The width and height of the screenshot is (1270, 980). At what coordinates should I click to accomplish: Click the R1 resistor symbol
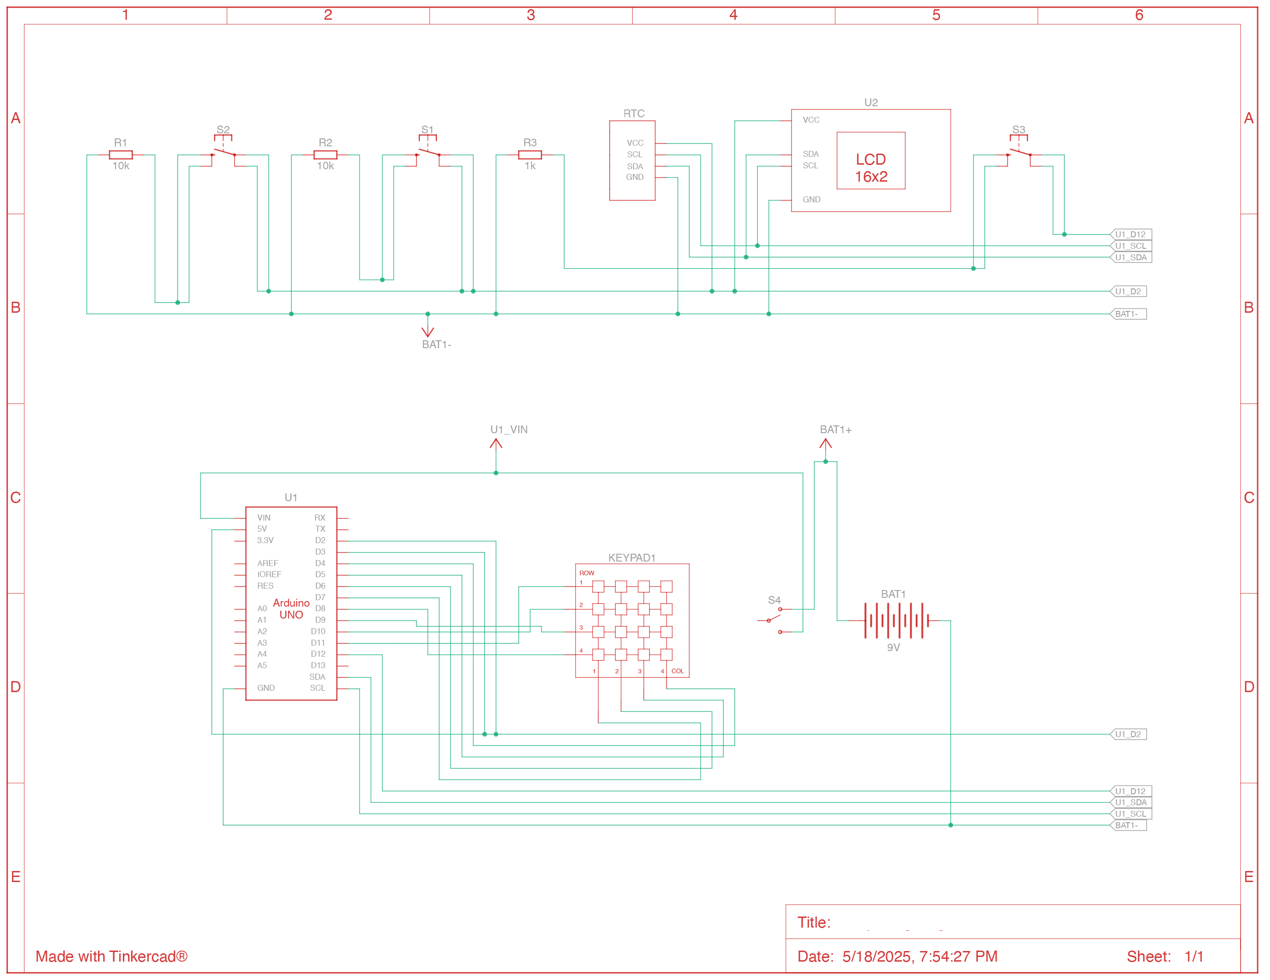(x=121, y=155)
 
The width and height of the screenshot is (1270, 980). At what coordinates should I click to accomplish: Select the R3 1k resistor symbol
(x=530, y=155)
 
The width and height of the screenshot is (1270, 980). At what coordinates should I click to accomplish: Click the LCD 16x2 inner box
(x=871, y=161)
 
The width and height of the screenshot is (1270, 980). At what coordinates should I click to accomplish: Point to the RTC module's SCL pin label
(x=635, y=155)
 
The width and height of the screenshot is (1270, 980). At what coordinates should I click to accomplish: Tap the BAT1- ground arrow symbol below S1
(x=427, y=330)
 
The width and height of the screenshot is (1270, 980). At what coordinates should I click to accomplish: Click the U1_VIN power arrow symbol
(x=496, y=445)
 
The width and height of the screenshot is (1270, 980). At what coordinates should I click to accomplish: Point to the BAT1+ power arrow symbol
(x=825, y=445)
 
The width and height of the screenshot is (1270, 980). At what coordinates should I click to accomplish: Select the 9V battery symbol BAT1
(x=895, y=621)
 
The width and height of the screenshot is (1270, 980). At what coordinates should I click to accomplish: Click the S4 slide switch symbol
(x=774, y=620)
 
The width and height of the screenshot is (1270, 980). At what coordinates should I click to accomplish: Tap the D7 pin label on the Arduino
(x=320, y=597)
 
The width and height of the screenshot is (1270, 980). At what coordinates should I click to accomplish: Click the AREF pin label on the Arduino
(x=267, y=563)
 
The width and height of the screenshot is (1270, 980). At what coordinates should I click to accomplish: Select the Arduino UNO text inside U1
(x=291, y=608)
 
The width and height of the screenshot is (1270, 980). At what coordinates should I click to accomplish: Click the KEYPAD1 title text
(x=631, y=557)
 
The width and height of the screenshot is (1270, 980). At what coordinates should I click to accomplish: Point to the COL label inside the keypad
(x=677, y=671)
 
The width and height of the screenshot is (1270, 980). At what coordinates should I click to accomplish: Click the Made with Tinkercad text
(x=111, y=956)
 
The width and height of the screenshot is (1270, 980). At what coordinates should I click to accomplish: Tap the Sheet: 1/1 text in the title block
(x=1164, y=956)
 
